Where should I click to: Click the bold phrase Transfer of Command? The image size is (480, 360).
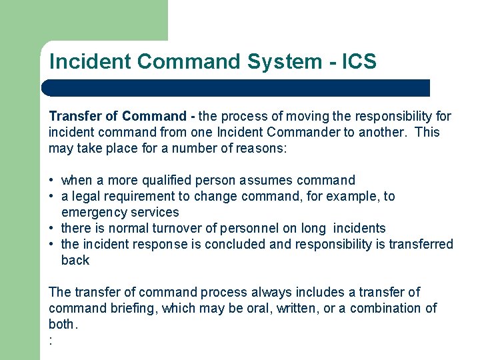coord(117,116)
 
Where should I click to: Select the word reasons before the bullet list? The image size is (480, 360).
coord(261,148)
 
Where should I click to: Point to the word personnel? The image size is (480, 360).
coord(255,228)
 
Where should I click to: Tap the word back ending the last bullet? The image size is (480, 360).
coord(75,260)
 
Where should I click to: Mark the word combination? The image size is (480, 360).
coord(386,308)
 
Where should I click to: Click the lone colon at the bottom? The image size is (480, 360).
coord(51,341)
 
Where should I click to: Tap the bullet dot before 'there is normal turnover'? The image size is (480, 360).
coord(51,229)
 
